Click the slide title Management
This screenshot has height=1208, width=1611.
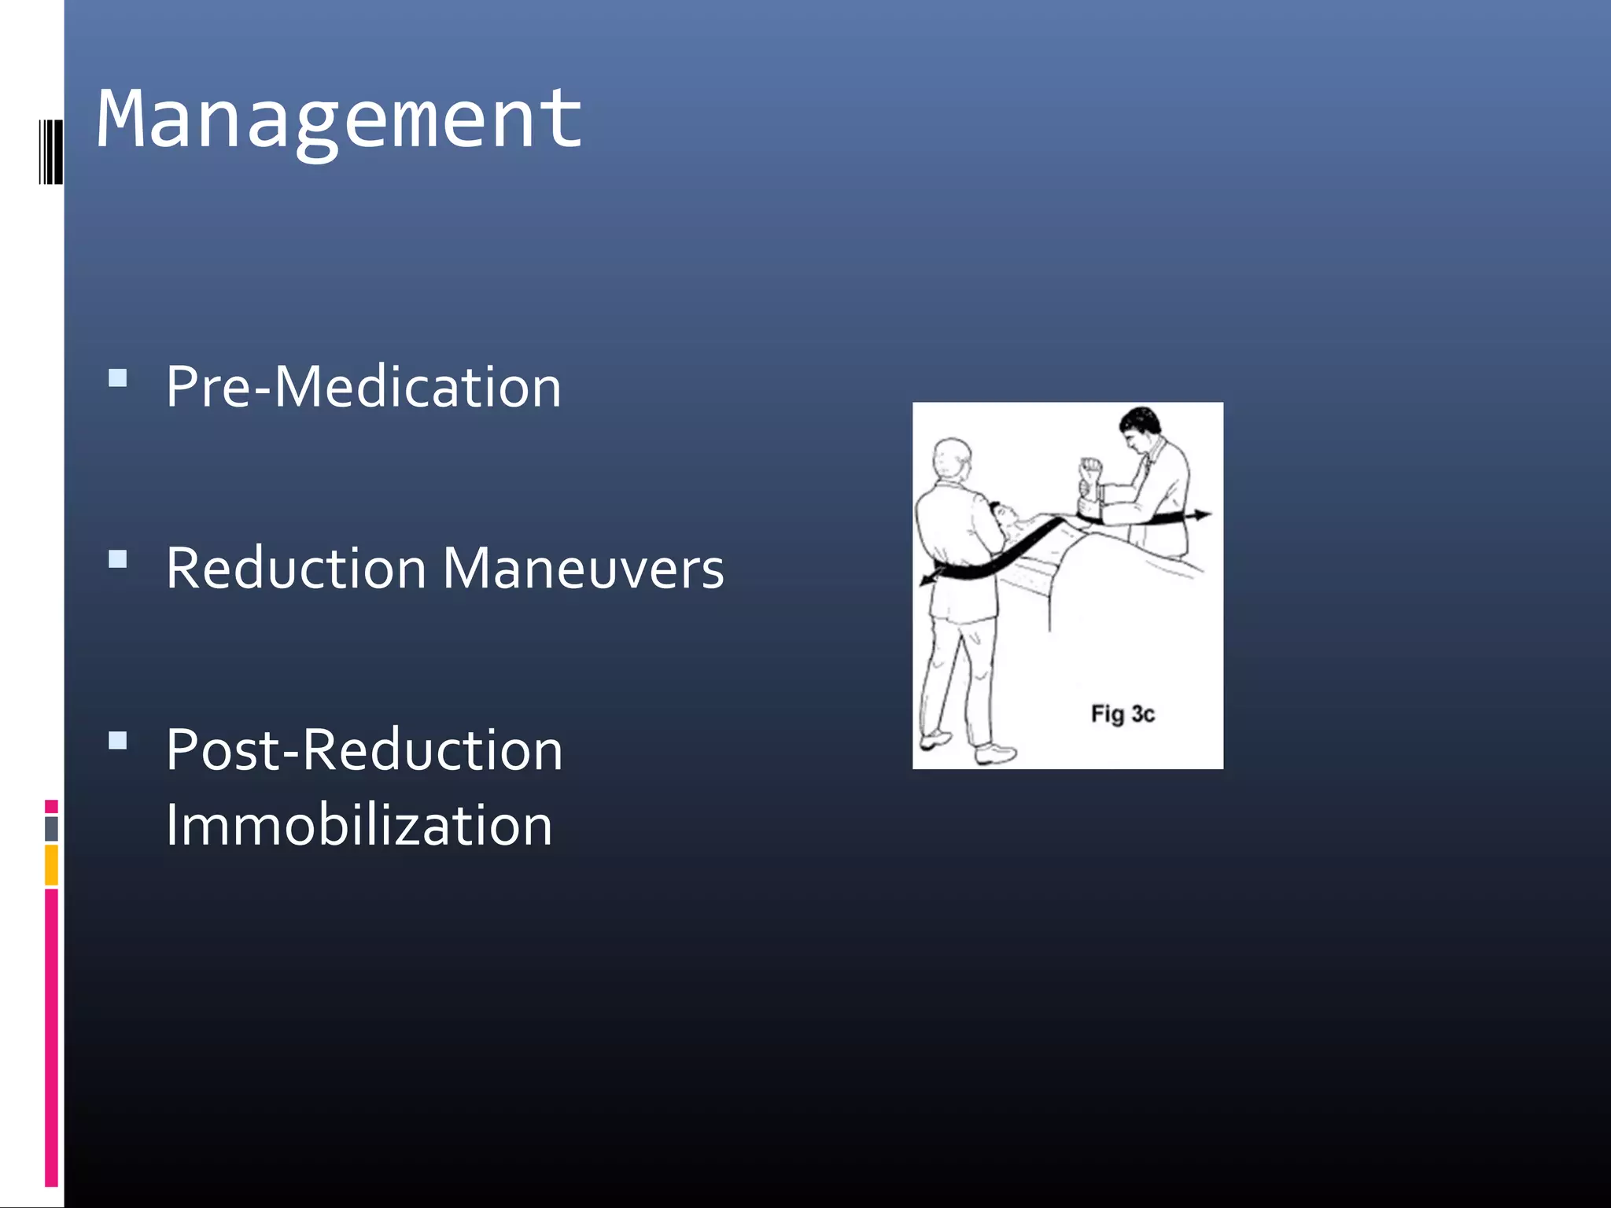click(339, 120)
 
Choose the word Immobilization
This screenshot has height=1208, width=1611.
click(359, 825)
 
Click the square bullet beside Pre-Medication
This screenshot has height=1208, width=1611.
click(118, 378)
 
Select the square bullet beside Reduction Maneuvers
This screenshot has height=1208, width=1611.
click(118, 559)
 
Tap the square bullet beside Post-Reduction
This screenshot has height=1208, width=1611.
click(118, 741)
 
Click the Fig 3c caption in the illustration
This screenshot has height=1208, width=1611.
click(1123, 714)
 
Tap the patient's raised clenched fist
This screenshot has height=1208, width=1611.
click(1089, 470)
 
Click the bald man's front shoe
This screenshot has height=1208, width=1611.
click(995, 756)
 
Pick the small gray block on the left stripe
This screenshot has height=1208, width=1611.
click(52, 828)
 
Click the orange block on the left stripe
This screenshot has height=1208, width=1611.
click(52, 864)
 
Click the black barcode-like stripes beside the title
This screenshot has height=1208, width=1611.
click(51, 151)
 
